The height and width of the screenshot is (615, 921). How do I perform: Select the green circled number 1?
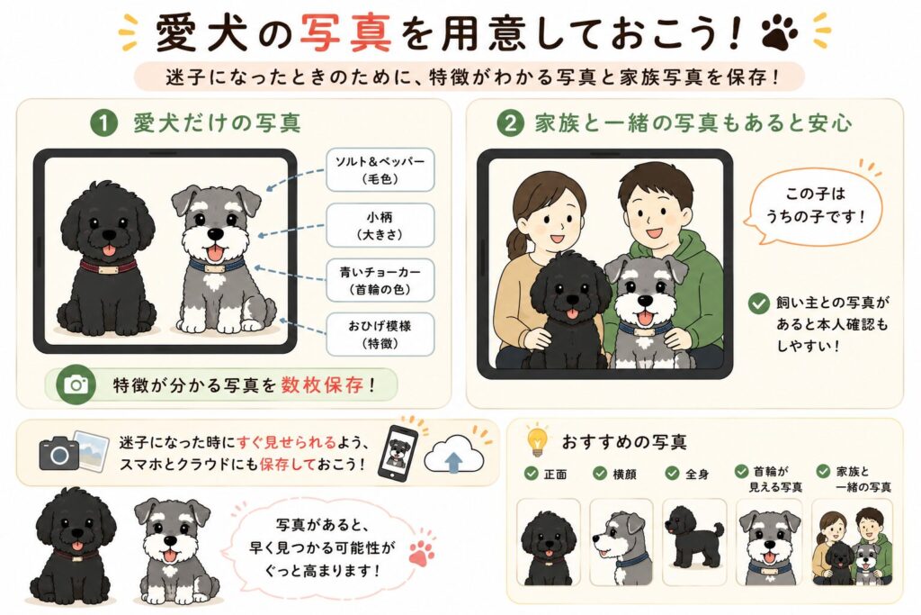[x=104, y=123]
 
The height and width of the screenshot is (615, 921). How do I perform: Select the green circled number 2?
[x=510, y=123]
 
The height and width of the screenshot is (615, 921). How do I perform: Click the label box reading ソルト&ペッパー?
[x=380, y=170]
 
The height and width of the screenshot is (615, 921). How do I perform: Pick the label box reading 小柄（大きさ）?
[x=380, y=225]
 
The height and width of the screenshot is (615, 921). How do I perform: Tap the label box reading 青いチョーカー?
[x=380, y=280]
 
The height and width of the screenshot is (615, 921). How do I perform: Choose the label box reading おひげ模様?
[x=380, y=335]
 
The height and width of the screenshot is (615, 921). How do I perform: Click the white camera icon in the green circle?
[x=76, y=385]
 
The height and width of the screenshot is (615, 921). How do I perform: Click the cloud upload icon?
[x=454, y=455]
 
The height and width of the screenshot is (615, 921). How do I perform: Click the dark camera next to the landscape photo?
[x=58, y=453]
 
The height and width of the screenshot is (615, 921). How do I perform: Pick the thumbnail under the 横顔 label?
[x=621, y=542]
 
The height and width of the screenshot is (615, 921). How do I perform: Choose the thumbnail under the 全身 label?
[x=694, y=542]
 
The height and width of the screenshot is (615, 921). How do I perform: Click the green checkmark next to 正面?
[x=531, y=474]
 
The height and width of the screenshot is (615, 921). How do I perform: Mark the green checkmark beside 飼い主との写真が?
[x=759, y=303]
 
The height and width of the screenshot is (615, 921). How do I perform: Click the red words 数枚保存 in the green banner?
[x=322, y=385]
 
